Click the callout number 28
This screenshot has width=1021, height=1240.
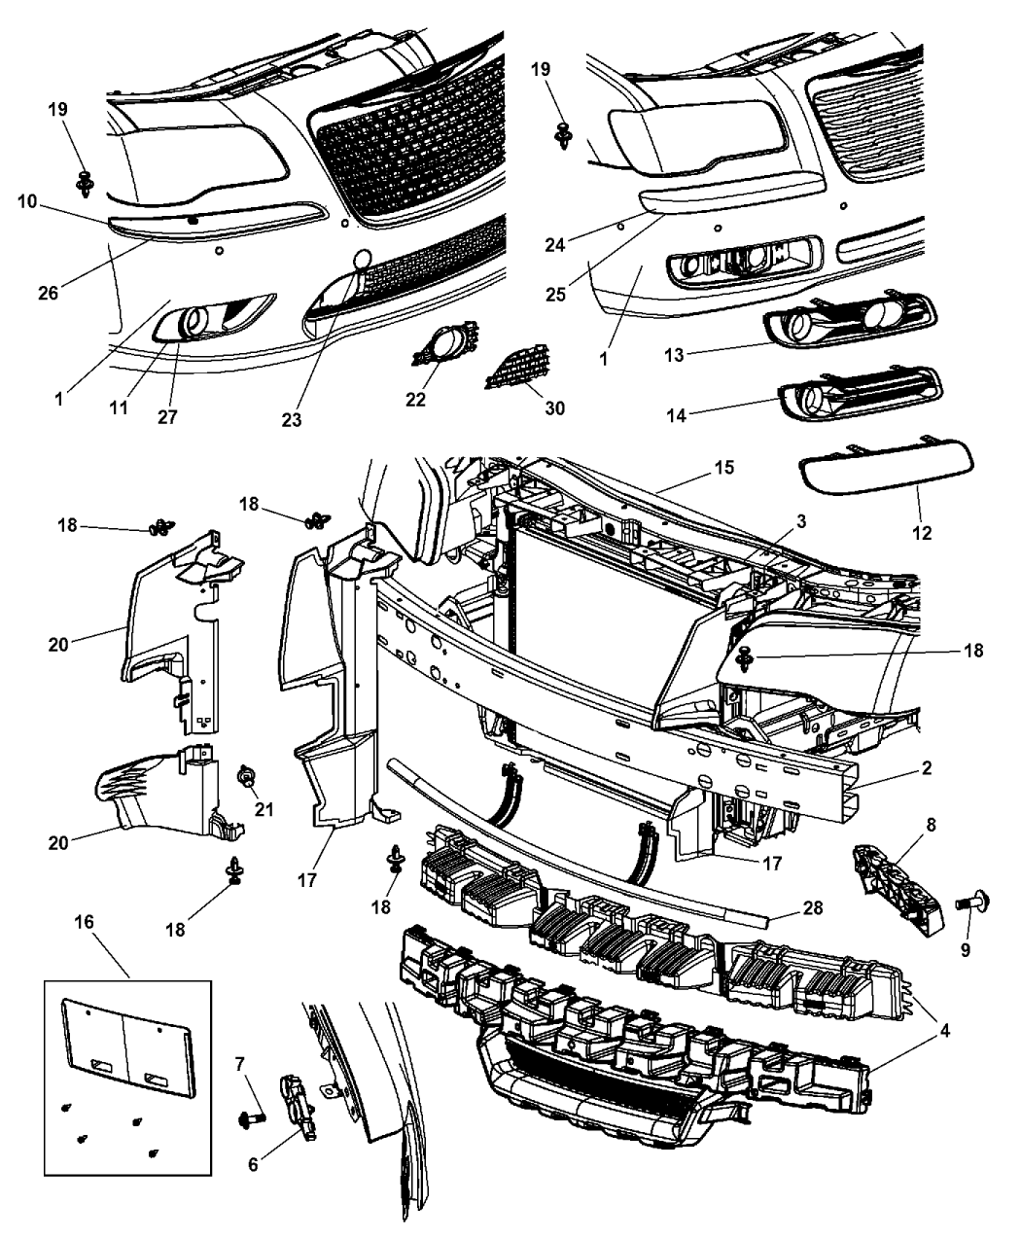tap(813, 908)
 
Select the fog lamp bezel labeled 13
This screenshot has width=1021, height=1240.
tap(853, 321)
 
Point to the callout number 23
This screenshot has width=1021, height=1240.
tap(291, 421)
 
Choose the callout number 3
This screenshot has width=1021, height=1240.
tap(799, 522)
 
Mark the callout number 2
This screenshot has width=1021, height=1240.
tap(927, 768)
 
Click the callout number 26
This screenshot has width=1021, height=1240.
tap(47, 291)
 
